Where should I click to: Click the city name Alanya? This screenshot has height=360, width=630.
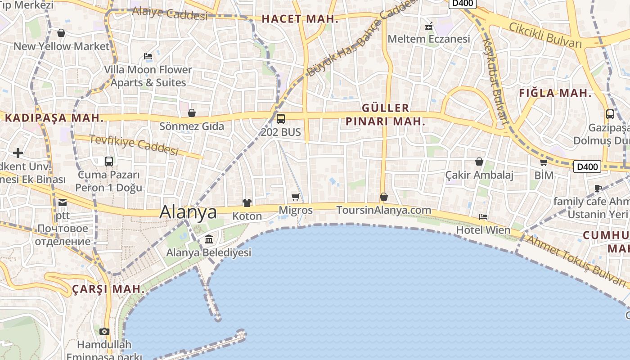click(188, 212)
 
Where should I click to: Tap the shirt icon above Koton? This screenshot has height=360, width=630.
click(247, 203)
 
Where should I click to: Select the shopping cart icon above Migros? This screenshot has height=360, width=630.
click(296, 197)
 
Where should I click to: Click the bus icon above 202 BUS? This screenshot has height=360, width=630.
click(281, 119)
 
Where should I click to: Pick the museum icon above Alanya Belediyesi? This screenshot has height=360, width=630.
click(209, 239)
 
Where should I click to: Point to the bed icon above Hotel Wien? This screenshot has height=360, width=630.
click(483, 217)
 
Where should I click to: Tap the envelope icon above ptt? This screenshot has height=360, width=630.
click(62, 202)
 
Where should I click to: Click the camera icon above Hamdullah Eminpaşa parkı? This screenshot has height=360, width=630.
click(104, 332)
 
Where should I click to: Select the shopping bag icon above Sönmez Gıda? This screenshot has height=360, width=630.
click(192, 113)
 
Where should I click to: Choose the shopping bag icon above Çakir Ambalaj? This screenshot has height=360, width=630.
click(479, 161)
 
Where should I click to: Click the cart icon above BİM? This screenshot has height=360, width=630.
click(544, 162)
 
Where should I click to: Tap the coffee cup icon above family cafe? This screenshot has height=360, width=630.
click(598, 188)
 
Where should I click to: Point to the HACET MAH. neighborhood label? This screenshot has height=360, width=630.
click(300, 19)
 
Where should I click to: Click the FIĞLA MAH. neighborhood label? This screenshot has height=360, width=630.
click(555, 93)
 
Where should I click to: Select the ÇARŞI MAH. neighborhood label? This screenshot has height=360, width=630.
click(108, 288)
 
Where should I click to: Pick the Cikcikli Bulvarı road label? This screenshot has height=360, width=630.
click(545, 35)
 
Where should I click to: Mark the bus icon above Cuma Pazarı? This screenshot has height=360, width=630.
click(109, 161)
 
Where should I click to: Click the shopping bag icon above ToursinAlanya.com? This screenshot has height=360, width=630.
click(384, 197)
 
